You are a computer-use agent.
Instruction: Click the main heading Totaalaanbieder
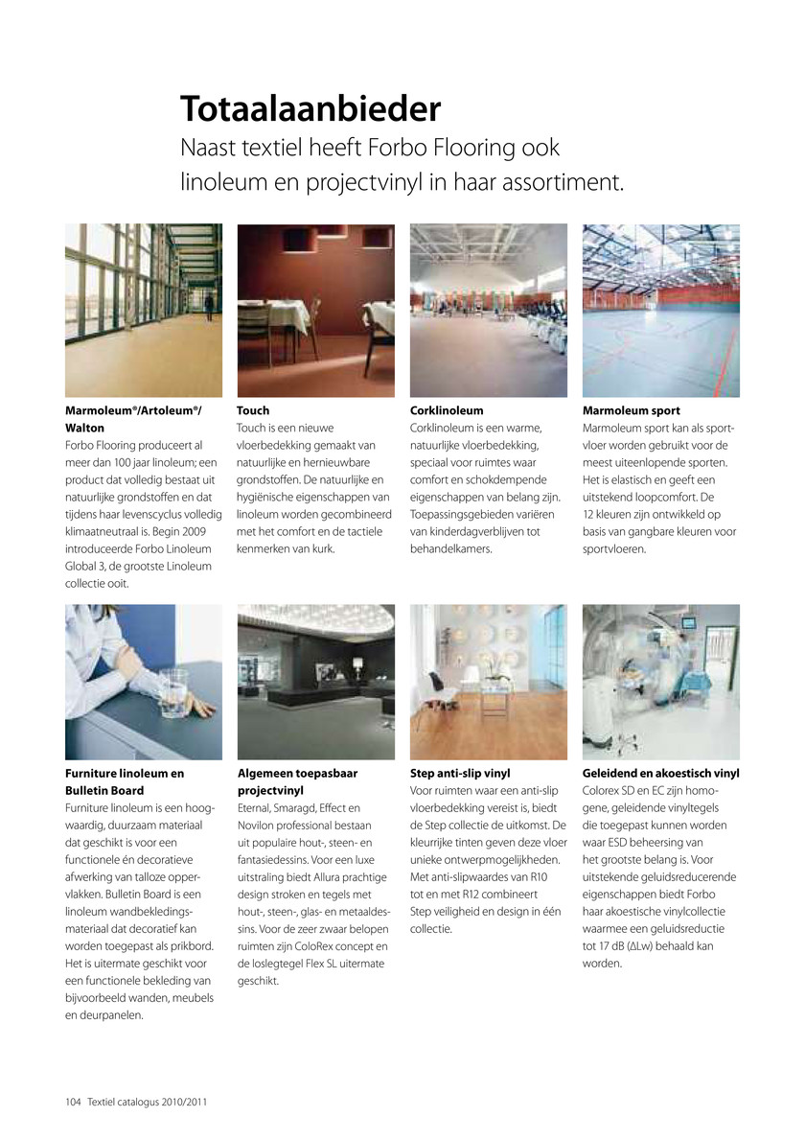click(x=310, y=109)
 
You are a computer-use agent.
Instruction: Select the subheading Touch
click(x=253, y=410)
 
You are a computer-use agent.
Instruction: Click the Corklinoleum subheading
click(x=447, y=410)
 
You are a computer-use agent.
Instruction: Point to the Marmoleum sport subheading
click(x=632, y=410)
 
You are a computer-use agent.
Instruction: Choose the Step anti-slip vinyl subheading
click(x=460, y=773)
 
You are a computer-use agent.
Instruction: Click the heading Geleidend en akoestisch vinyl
click(x=660, y=773)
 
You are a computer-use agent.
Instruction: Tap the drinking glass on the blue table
click(x=175, y=688)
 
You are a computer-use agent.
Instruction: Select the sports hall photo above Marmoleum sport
click(x=660, y=310)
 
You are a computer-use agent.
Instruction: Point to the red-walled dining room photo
click(x=315, y=310)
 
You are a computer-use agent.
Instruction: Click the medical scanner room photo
click(x=660, y=681)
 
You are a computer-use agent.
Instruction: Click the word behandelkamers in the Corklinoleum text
click(x=450, y=549)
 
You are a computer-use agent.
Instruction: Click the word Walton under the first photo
click(x=84, y=428)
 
